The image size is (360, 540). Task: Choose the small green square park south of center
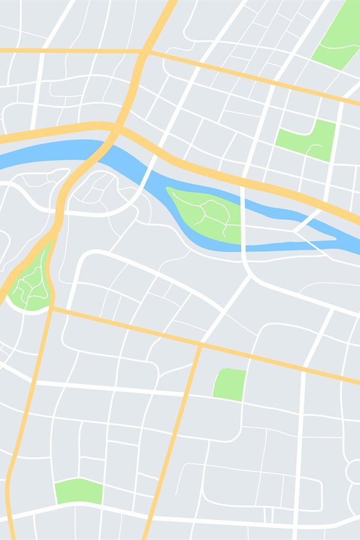point(230,385)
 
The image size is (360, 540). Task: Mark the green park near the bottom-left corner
point(79,491)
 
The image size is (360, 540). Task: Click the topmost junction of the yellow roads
point(144,52)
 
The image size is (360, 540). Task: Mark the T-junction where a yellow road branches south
point(200,345)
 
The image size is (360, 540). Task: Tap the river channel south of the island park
point(240,247)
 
